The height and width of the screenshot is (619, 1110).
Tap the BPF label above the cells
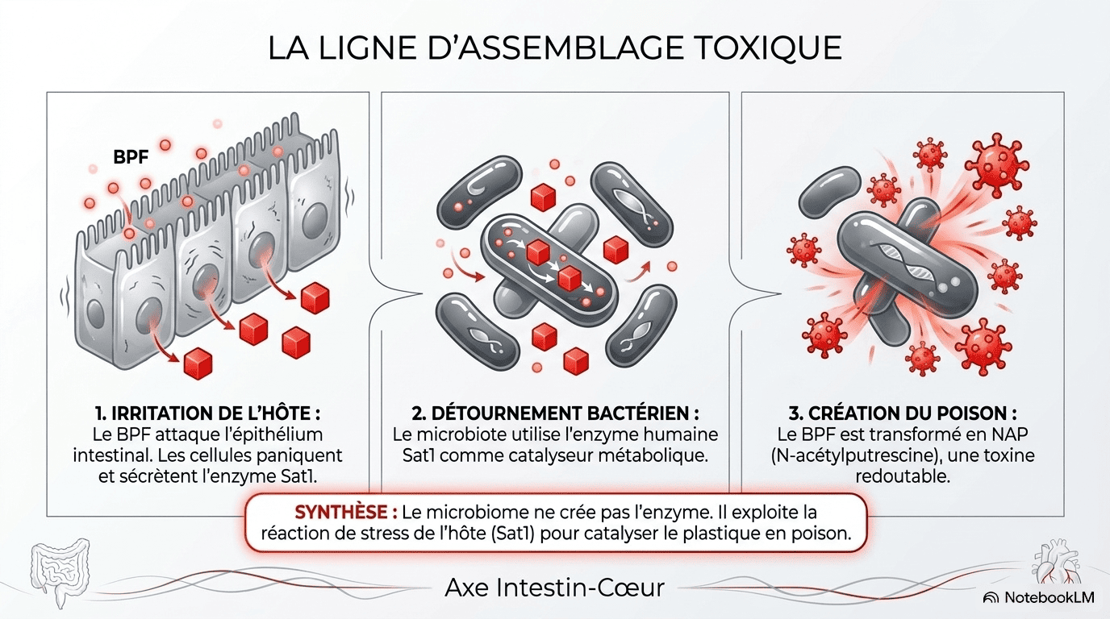tap(131, 157)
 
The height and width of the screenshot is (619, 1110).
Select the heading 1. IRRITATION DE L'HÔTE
tap(207, 413)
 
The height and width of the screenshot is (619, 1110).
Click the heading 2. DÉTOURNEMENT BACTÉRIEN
tap(555, 413)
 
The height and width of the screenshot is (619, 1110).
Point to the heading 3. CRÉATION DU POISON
tap(903, 413)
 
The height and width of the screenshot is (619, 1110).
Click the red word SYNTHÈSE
tap(346, 512)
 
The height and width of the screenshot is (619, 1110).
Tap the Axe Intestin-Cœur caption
tap(554, 588)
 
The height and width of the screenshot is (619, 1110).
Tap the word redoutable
tap(903, 477)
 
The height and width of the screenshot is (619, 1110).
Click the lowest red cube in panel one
tap(198, 364)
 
